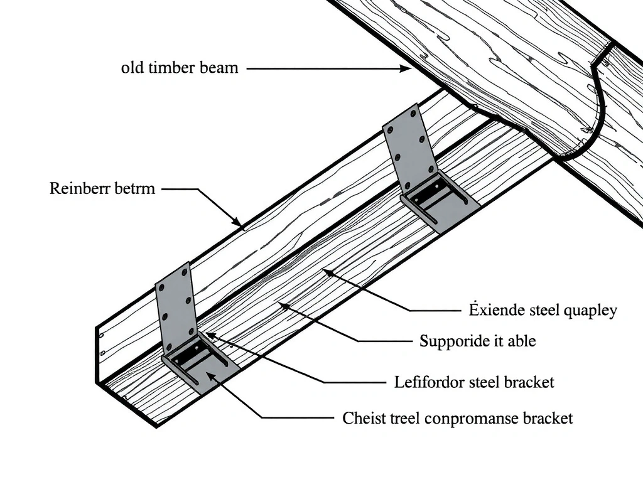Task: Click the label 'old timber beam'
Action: point(180,68)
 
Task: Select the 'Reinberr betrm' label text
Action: point(102,188)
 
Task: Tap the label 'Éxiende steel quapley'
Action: point(543,310)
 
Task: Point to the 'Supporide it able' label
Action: point(477,341)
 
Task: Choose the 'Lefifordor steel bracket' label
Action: point(474,382)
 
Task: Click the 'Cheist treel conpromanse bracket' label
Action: point(457,418)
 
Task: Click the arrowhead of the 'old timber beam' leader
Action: point(407,68)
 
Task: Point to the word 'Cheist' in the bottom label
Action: point(362,418)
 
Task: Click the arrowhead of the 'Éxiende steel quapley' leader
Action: point(324,271)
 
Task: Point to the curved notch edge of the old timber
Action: point(597,107)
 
